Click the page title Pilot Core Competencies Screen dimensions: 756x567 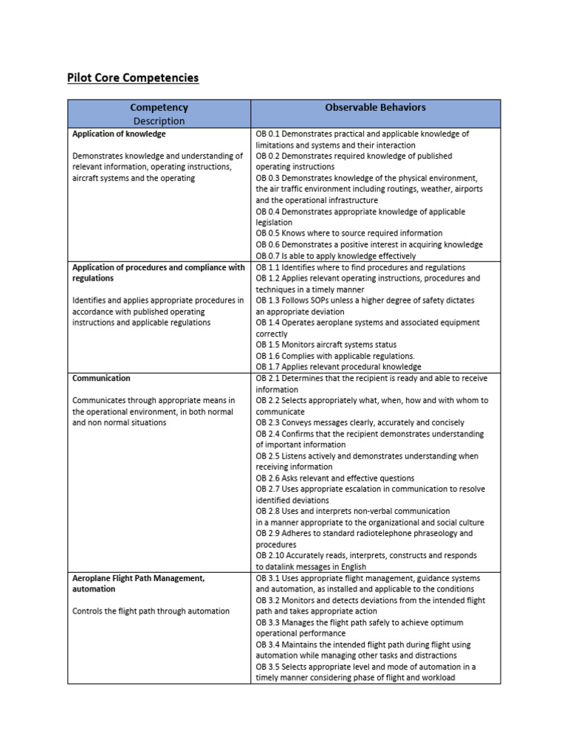133,78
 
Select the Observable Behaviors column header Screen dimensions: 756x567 375,108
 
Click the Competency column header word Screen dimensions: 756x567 159,108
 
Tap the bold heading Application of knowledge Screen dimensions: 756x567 119,134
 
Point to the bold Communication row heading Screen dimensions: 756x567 101,378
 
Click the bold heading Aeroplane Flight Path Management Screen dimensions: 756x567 138,578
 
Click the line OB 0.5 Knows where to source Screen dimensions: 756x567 349,233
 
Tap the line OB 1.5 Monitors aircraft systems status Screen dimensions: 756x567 326,345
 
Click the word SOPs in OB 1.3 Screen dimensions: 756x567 322,300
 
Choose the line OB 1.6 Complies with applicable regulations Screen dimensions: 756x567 335,356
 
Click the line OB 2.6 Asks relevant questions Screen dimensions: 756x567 335,478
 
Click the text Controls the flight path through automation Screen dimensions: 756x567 151,611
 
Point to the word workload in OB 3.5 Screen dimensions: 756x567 438,678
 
